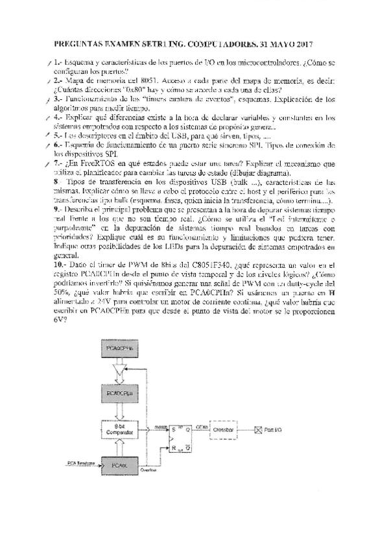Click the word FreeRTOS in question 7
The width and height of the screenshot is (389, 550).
pyautogui.click(x=95, y=166)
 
